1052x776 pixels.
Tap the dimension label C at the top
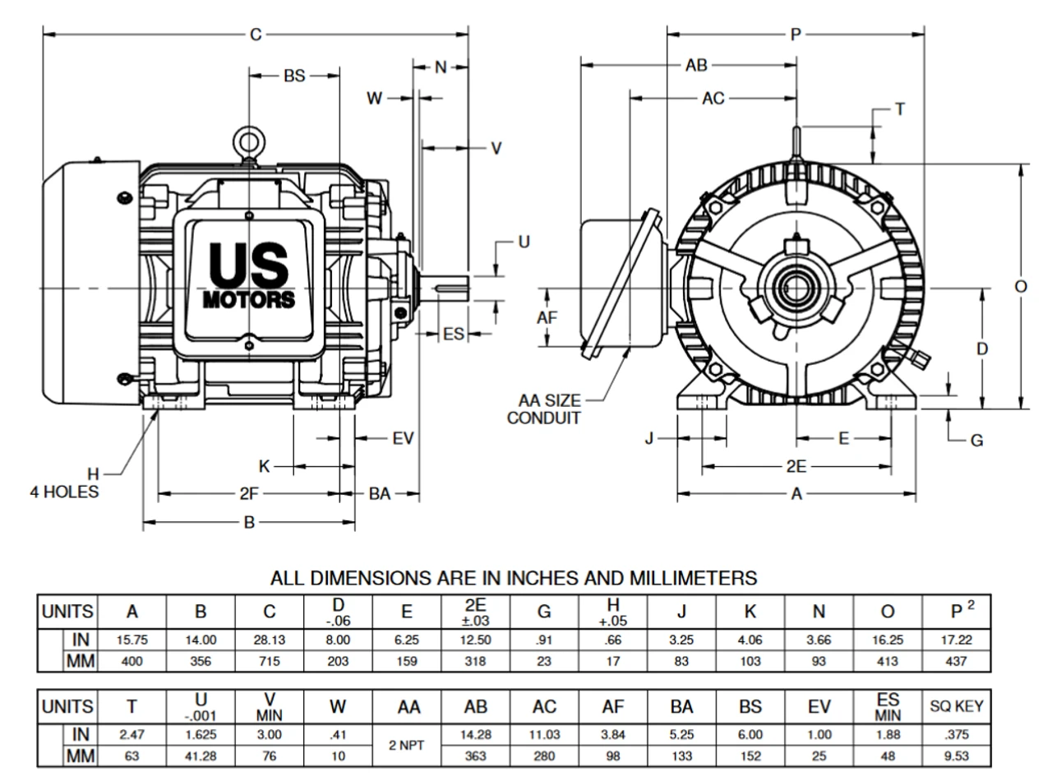click(x=256, y=35)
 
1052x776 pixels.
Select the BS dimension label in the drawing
click(x=294, y=76)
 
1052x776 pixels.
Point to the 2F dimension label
click(x=248, y=494)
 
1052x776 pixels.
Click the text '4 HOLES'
click(x=65, y=494)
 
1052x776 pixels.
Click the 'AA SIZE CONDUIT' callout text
click(x=549, y=409)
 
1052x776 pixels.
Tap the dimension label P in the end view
click(x=795, y=35)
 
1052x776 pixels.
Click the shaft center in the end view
click(x=796, y=289)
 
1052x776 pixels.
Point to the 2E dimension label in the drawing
click(x=796, y=467)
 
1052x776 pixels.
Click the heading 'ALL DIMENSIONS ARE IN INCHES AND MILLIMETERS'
click(x=514, y=579)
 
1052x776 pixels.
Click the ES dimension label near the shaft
click(x=454, y=334)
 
